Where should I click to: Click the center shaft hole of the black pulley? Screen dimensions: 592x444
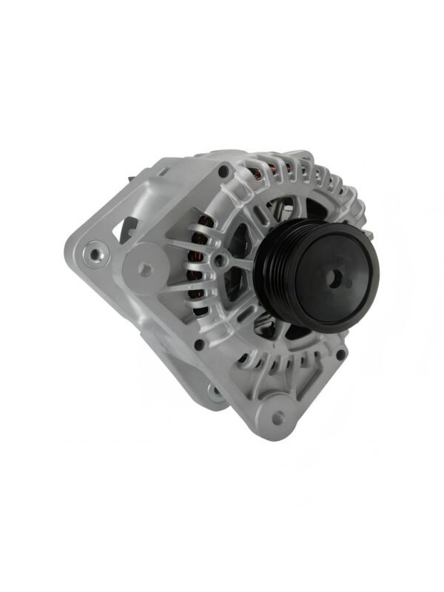coord(335,279)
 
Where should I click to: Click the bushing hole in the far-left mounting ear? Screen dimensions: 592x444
coord(95,255)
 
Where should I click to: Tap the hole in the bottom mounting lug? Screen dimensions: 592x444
coord(278,418)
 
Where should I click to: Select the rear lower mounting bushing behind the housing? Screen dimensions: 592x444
coord(215,393)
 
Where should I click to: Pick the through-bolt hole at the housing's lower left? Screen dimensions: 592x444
coord(199,345)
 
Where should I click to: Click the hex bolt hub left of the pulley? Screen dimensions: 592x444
coord(220,260)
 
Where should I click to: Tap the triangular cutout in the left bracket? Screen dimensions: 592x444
coord(128,226)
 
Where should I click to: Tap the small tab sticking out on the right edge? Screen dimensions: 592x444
coord(368,235)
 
